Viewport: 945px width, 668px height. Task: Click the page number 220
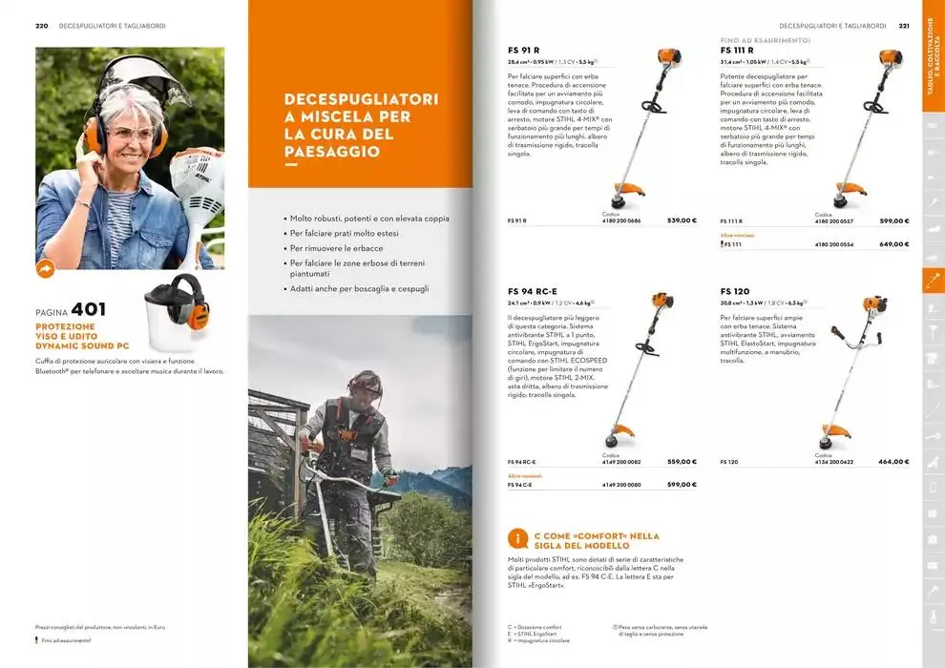pyautogui.click(x=41, y=26)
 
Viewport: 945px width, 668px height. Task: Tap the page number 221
pyautogui.click(x=903, y=26)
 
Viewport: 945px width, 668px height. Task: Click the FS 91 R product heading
pyautogui.click(x=524, y=50)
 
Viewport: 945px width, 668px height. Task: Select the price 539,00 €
pyautogui.click(x=682, y=220)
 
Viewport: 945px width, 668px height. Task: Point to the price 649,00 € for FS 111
pyautogui.click(x=893, y=244)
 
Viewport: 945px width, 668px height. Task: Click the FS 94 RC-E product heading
pyautogui.click(x=533, y=291)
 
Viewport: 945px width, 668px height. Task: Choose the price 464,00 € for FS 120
pyautogui.click(x=893, y=462)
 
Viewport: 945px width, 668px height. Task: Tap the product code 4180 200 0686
pyautogui.click(x=621, y=221)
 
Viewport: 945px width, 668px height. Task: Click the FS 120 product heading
pyautogui.click(x=735, y=291)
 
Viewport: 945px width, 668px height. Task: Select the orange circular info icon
pyautogui.click(x=516, y=539)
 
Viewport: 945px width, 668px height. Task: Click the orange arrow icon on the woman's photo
pyautogui.click(x=46, y=269)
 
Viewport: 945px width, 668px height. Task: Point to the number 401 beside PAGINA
pyautogui.click(x=89, y=309)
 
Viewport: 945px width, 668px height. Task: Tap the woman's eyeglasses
pyautogui.click(x=131, y=135)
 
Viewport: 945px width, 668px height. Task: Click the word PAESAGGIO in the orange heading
pyautogui.click(x=318, y=152)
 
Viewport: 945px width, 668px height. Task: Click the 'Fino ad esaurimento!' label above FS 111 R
pyautogui.click(x=765, y=40)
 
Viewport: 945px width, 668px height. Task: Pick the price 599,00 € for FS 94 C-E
pyautogui.click(x=682, y=485)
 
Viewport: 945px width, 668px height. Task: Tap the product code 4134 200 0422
pyautogui.click(x=834, y=462)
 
